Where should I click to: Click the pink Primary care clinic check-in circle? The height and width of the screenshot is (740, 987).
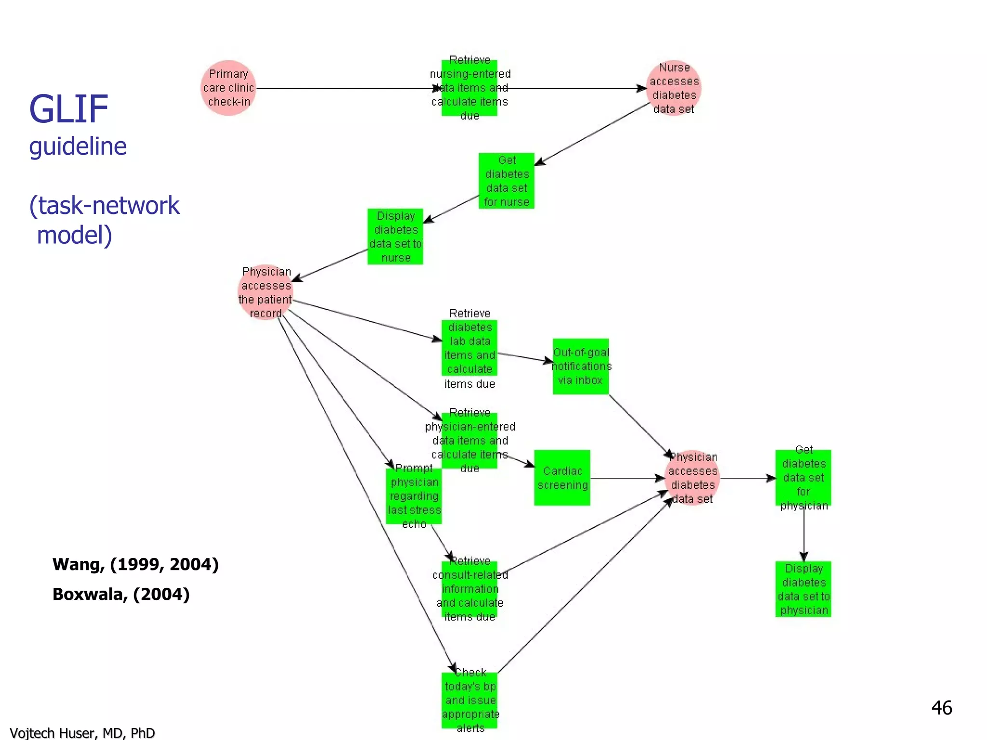[x=228, y=88]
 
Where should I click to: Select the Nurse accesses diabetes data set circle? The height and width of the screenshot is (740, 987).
[x=673, y=88]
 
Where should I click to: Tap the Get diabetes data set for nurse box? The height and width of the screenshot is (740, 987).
[x=506, y=181]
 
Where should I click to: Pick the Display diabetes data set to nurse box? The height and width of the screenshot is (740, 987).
[x=395, y=237]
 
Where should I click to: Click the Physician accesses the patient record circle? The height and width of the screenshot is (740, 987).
[x=266, y=292]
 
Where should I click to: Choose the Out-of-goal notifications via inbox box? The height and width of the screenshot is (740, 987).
[x=580, y=366]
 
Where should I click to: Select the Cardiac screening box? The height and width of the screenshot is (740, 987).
[x=562, y=478]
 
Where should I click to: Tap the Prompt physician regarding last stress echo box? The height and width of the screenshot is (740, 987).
[x=413, y=496]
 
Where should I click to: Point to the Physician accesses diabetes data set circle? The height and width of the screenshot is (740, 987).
[x=692, y=478]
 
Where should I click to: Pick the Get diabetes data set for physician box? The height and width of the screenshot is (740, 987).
[x=803, y=478]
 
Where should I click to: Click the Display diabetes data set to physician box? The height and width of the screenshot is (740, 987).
[x=803, y=589]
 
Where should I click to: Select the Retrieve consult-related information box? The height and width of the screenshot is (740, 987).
[x=469, y=589]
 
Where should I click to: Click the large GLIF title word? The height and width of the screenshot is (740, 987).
[x=68, y=109]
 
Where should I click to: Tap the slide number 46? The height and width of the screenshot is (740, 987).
[x=941, y=708]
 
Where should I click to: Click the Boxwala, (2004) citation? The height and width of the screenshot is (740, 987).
[x=121, y=595]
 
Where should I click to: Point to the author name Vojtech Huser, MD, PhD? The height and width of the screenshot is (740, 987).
[x=82, y=733]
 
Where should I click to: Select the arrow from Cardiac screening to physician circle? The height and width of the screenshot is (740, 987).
[x=627, y=478]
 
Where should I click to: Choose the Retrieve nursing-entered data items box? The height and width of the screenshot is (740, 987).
[x=469, y=88]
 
